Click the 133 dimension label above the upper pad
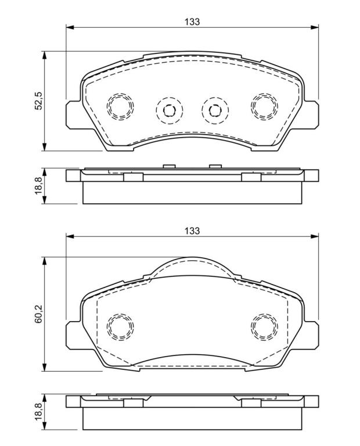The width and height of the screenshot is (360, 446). pyautogui.click(x=192, y=21)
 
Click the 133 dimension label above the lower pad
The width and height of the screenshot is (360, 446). pyautogui.click(x=192, y=231)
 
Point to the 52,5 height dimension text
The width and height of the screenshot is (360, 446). pyautogui.click(x=38, y=100)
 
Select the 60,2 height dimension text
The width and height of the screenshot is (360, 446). pyautogui.click(x=38, y=314)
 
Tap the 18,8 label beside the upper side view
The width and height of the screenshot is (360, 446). pyautogui.click(x=38, y=185)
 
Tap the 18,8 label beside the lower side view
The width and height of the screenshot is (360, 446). pyautogui.click(x=38, y=412)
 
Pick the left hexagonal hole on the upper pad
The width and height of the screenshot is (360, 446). pyautogui.click(x=169, y=110)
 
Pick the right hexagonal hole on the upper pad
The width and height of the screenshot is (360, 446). pyautogui.click(x=215, y=110)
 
